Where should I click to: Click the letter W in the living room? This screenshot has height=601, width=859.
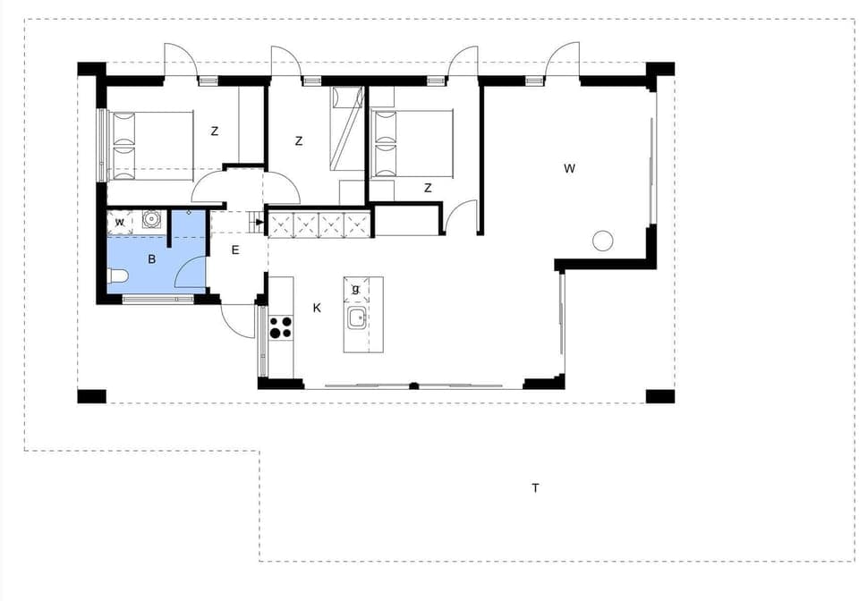569,168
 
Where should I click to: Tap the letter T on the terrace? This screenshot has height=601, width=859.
535,488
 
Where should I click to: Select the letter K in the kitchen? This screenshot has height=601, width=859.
317,308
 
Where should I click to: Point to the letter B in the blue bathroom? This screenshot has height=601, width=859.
152,260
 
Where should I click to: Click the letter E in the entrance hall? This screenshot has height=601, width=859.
235,250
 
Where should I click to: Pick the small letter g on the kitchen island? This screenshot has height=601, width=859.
356,289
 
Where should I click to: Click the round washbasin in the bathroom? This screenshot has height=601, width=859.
151,217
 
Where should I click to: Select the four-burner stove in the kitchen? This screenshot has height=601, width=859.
281,327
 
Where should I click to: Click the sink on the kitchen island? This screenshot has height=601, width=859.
358,317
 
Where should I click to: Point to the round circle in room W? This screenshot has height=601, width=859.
602,240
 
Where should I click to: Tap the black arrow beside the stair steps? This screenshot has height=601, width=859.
259,221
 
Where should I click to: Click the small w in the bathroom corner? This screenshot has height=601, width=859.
119,222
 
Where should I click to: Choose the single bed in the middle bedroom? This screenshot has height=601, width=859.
346,128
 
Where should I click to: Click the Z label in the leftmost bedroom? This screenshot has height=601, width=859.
215,131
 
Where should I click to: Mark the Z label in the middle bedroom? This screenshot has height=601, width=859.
299,141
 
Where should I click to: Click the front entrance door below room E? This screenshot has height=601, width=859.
238,320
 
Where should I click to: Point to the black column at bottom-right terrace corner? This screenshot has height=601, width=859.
659,396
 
